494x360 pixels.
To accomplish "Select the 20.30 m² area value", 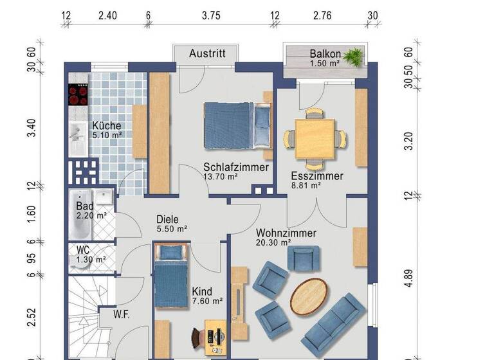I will pos(273,242).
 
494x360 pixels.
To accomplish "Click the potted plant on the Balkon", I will pos(352,57).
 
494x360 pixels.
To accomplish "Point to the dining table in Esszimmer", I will pos(315,138).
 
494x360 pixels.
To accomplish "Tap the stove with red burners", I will pos(78,95).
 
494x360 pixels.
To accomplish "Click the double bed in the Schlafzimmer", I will pos(235,125).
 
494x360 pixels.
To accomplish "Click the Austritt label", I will pos(206,54).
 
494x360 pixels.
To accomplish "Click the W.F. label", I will pos(123,314).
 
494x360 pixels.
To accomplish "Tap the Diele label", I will pos(167,219).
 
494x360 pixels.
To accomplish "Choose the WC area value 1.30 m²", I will pos(91,260).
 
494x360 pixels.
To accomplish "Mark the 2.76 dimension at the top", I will pos(323,16).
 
